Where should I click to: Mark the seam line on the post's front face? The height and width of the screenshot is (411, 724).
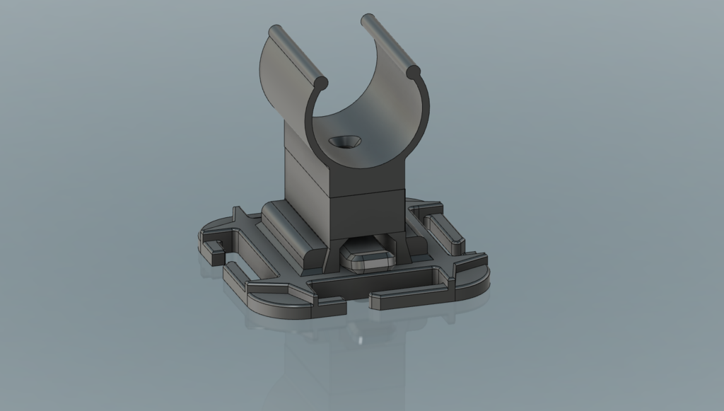point(368,192)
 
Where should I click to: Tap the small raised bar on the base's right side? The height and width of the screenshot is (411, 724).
point(445,231)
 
